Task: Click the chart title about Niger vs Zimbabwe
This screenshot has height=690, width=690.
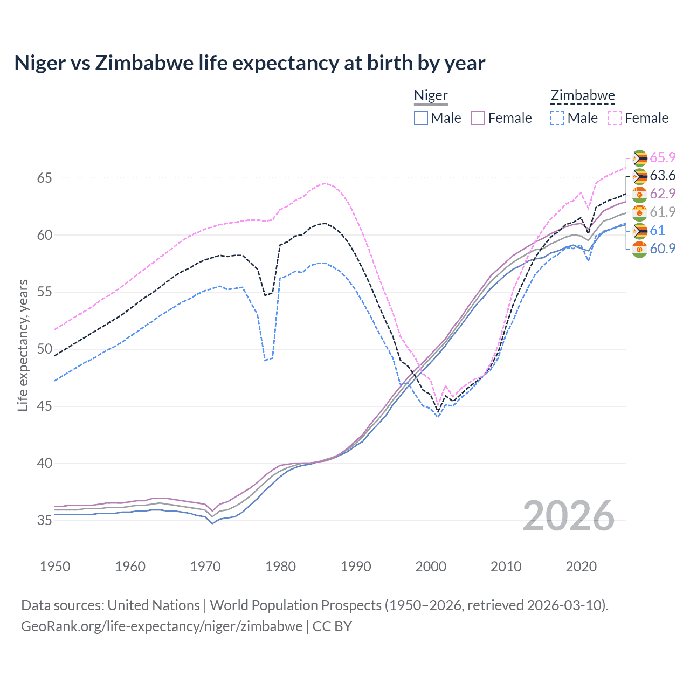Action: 250,63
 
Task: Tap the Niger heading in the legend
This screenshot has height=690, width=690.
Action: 431,95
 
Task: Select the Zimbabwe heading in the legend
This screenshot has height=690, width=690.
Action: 582,95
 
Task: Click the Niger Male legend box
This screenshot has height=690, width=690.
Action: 421,118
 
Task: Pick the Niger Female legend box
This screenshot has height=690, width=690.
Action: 478,118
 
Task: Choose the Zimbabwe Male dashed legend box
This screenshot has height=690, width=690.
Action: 557,118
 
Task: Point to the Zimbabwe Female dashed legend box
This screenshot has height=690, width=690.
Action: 615,118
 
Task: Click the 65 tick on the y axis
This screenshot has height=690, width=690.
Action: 44,178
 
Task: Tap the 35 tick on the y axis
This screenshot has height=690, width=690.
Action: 44,520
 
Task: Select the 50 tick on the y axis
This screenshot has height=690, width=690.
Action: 44,349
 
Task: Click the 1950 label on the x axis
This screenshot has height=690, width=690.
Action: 55,567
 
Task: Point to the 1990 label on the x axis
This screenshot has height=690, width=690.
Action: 356,567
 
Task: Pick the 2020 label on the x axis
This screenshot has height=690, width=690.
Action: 581,567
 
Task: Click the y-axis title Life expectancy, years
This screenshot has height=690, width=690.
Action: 23,345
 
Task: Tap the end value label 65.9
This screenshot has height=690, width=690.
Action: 663,157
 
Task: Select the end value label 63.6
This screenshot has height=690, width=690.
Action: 663,176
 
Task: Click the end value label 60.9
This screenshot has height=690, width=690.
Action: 663,249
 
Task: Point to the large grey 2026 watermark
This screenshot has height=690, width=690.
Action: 569,516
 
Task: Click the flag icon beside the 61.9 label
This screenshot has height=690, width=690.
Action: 639,212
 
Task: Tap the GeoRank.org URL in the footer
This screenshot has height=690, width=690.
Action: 162,626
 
